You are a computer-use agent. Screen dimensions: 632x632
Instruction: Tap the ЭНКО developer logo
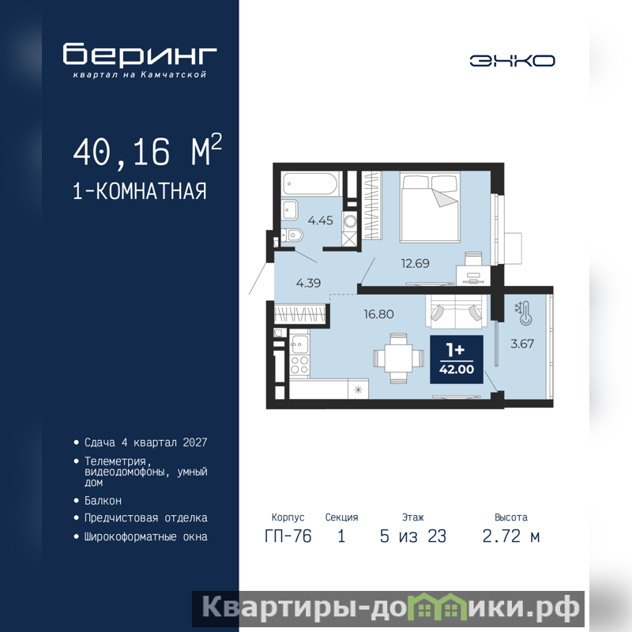pos(512,61)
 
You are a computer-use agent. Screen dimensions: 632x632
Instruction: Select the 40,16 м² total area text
pos(148,151)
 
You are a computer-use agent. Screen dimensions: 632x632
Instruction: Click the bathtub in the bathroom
pos(310,184)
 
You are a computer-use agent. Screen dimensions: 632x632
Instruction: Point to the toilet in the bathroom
pos(292,235)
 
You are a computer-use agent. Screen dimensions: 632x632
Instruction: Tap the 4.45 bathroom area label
pos(321,220)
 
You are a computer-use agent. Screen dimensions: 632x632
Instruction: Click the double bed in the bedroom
pos(430,207)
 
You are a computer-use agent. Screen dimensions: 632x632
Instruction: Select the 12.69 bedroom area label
pos(416,264)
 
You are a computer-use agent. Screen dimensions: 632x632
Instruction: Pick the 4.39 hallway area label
pos(308,283)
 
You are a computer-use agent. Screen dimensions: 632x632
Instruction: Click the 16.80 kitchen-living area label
pos(378,314)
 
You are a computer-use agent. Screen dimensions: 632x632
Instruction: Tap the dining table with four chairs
pos(398,358)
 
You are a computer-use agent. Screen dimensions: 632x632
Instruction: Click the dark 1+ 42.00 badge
pos(457,359)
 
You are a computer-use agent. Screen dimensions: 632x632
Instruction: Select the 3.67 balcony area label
pos(522,344)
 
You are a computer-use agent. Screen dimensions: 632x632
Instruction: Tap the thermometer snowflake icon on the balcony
pos(523,313)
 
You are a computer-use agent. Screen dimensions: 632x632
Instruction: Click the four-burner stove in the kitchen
pos(299,365)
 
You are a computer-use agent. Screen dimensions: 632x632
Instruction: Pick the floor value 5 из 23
pos(413,536)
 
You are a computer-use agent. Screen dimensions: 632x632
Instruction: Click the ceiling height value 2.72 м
pos(511,536)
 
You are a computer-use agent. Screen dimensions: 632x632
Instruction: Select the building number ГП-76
pos(288,536)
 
